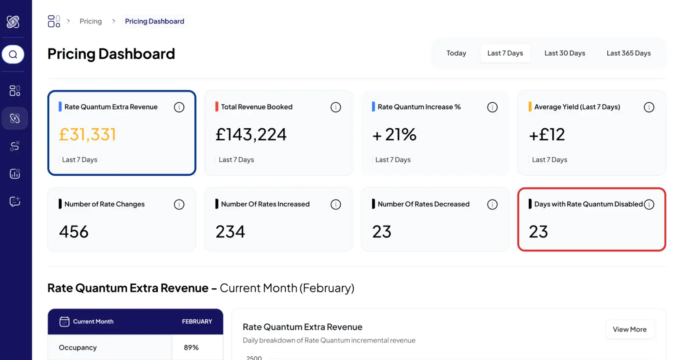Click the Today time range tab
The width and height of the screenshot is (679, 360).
[456, 53]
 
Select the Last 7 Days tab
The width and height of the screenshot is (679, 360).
[505, 53]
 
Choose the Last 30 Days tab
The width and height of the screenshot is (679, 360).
[565, 53]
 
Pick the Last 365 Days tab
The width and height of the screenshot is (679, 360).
[628, 53]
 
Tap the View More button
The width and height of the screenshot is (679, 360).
[630, 329]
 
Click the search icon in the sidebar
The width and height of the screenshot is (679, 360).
[13, 54]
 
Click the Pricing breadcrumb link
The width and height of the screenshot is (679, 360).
[90, 21]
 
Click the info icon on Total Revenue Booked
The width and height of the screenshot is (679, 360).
[336, 107]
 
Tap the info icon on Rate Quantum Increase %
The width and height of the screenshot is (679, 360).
[492, 107]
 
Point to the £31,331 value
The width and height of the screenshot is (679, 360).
[87, 134]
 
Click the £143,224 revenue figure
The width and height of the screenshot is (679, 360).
[251, 134]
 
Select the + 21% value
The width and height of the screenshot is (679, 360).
[394, 134]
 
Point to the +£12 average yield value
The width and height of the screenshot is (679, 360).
[547, 134]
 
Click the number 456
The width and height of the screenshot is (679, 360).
[74, 232]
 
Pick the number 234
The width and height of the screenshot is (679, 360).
[230, 232]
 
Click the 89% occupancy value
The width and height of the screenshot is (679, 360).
[191, 347]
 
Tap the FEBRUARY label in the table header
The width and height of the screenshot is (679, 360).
[197, 321]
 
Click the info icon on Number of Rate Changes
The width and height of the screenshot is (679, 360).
[179, 204]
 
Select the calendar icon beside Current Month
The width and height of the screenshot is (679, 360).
[64, 321]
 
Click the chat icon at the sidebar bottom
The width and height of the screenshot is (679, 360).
[15, 201]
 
